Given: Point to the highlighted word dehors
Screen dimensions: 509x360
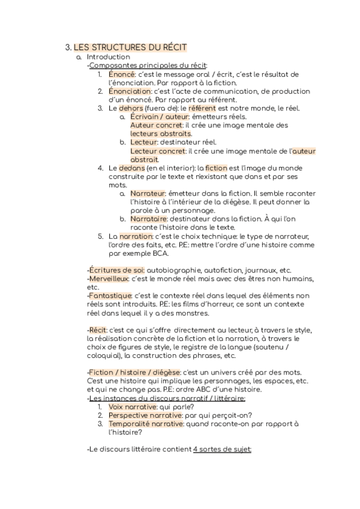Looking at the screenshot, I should coord(131,108).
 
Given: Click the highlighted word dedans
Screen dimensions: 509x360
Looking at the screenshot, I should coord(132,168).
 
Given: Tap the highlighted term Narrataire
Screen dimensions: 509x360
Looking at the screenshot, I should coord(148,219).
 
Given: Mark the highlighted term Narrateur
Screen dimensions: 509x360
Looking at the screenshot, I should coord(148,194).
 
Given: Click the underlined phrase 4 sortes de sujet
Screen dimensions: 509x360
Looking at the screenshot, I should coord(223,449).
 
